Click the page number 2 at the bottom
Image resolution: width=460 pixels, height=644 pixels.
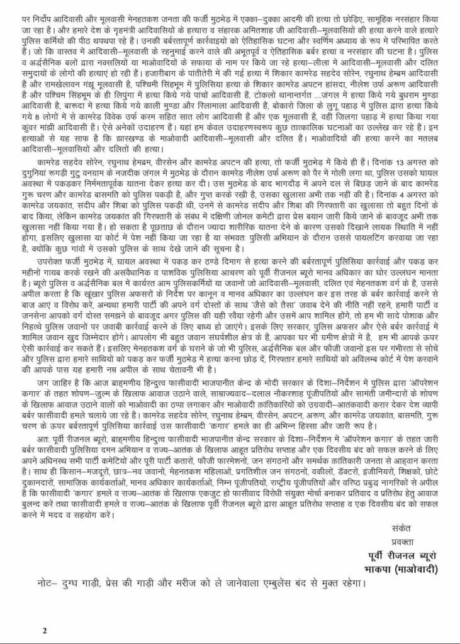click(44, 630)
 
